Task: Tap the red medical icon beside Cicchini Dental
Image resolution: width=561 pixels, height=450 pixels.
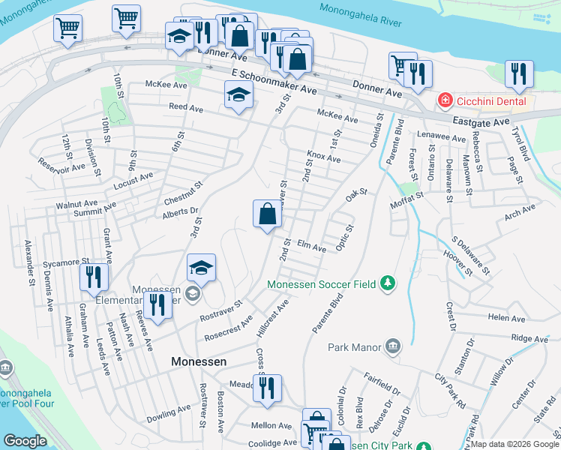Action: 445,100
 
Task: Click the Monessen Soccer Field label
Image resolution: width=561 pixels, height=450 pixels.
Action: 323,283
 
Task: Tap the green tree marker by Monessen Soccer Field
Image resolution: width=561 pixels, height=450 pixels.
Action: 388,283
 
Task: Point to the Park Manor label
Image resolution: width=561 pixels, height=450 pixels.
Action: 354,346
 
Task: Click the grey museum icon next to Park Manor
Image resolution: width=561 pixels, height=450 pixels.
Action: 391,346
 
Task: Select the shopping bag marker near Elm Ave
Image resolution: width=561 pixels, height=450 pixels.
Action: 268,214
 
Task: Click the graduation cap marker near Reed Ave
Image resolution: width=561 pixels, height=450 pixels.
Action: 238,95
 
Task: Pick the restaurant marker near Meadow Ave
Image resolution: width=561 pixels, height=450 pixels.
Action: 266,388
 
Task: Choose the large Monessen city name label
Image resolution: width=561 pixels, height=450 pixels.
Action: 199,361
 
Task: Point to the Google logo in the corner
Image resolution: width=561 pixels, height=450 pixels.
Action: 25,441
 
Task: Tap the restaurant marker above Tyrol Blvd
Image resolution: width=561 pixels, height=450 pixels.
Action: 518,73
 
